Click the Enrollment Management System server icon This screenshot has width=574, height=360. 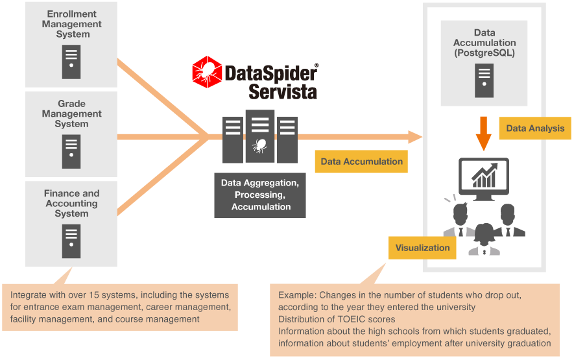tap(71, 61)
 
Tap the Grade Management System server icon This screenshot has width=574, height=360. tap(71, 151)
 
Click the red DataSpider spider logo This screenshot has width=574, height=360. tap(206, 71)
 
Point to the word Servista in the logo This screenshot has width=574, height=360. tap(283, 91)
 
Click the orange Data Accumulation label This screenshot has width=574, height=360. tap(362, 162)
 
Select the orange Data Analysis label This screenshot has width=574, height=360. tap(535, 128)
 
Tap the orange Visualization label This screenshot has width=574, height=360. tap(422, 247)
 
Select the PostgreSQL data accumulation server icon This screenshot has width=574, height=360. tap(484, 80)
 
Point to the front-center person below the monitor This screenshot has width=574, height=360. tap(484, 240)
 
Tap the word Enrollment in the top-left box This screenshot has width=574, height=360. tap(71, 14)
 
